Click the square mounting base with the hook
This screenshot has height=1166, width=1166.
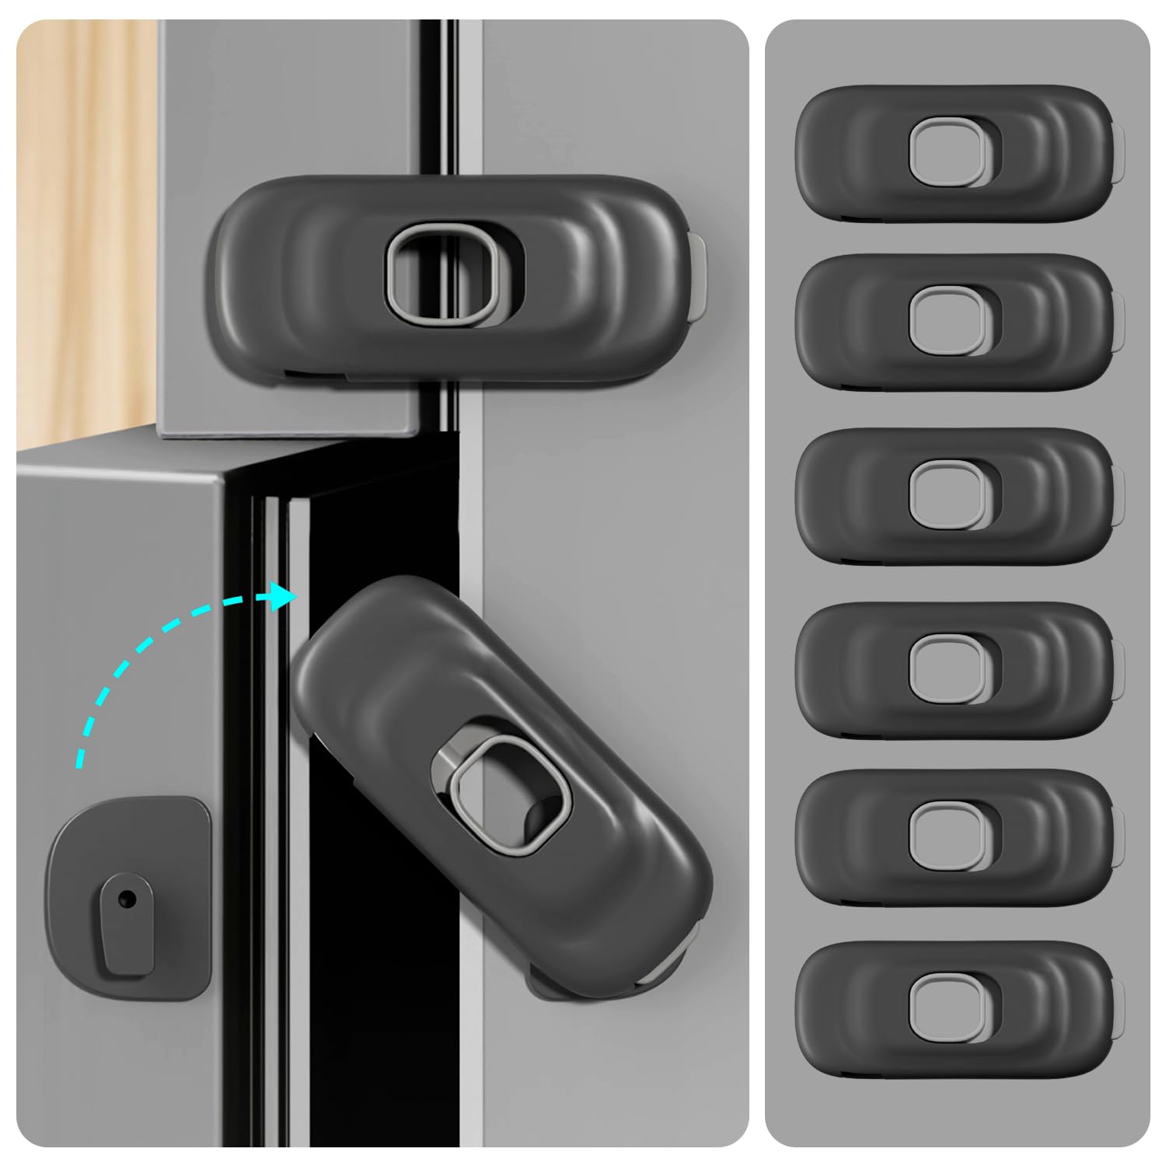coord(129,898)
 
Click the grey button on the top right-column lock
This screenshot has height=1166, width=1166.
coord(948,152)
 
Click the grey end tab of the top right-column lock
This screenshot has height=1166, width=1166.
coord(1119,155)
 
